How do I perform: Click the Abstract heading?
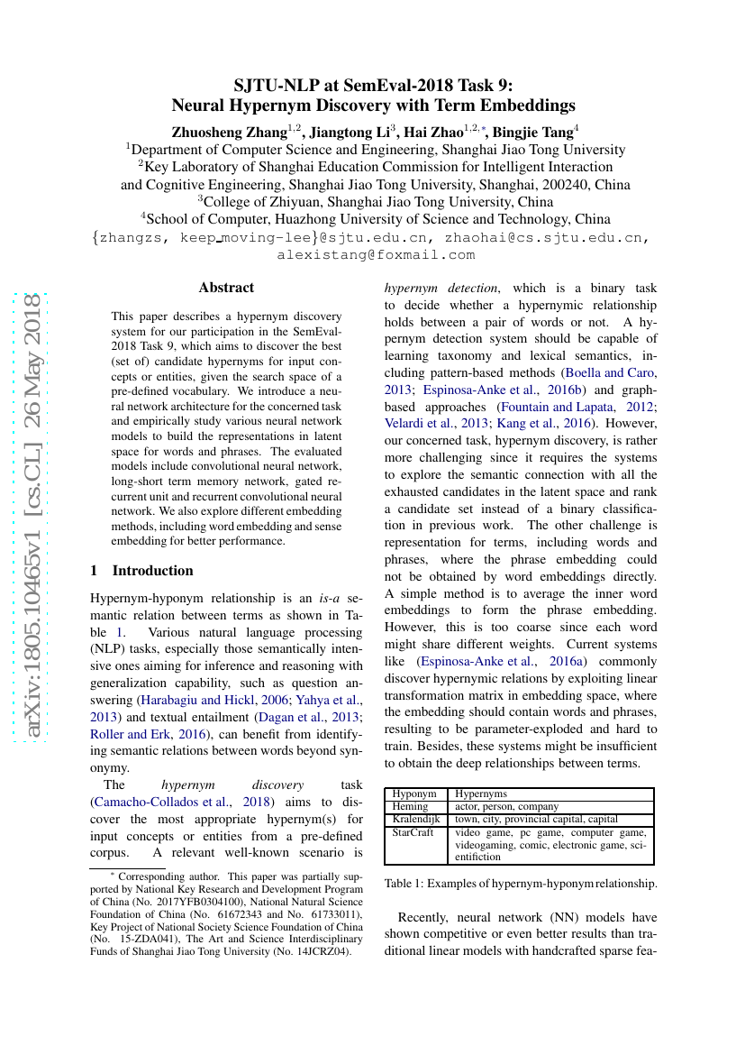(x=226, y=288)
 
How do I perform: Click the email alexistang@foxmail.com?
(x=376, y=255)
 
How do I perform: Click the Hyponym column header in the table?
(x=414, y=794)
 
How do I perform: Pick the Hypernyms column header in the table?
(x=481, y=794)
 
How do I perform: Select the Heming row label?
(x=411, y=806)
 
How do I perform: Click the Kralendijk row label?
(x=416, y=819)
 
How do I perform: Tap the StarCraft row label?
(x=413, y=832)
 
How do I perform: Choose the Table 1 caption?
(x=520, y=884)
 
